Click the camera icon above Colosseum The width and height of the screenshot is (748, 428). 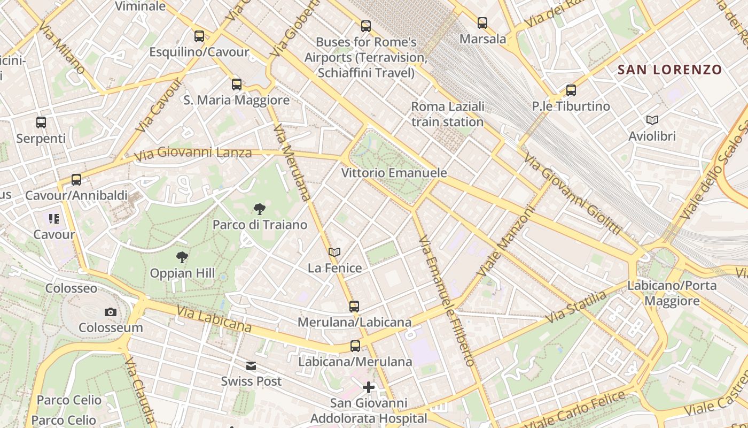point(111,312)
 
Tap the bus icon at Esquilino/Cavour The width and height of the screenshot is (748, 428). point(199,36)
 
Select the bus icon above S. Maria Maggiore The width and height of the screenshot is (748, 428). point(237,85)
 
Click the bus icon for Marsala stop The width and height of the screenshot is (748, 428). point(482,23)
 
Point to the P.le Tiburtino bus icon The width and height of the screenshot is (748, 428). point(571,90)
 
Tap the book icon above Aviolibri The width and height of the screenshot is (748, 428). point(652,120)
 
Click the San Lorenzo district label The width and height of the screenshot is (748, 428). point(669,70)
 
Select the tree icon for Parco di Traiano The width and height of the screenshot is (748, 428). point(260,209)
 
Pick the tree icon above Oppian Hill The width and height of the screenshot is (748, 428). point(182,257)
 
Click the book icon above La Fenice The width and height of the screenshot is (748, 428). point(334,252)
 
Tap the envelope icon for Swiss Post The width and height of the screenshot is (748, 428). point(251,366)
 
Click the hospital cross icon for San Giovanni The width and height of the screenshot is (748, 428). point(369,387)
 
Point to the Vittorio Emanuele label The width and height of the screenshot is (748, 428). point(394,173)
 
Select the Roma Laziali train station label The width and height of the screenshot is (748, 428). point(447,114)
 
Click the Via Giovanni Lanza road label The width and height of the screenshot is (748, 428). point(193,154)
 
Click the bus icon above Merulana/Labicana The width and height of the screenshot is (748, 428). point(354,307)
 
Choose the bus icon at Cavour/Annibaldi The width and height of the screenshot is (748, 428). point(76,180)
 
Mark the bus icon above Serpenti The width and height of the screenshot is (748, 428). point(41,123)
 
